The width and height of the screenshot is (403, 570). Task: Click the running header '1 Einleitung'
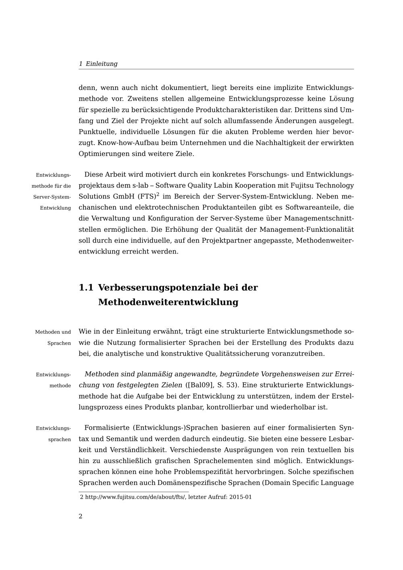point(98,64)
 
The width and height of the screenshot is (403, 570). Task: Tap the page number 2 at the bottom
point(81,516)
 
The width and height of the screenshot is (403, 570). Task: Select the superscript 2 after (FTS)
point(158,194)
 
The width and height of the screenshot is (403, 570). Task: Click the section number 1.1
point(86,288)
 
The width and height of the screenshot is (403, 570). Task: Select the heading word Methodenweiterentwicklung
point(168,302)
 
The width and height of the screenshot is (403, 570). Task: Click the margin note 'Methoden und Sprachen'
point(53,337)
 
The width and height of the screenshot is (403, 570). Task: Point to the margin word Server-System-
point(52,197)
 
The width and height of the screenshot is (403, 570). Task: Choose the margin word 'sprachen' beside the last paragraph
point(60,439)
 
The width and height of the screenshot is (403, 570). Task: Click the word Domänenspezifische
point(191,483)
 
